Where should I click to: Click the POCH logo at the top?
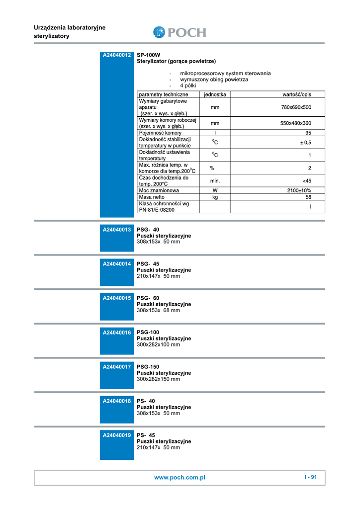click(180, 32)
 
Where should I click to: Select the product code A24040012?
click(117, 55)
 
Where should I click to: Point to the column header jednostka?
click(215, 94)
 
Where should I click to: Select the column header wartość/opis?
click(296, 94)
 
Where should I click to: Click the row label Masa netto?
click(152, 197)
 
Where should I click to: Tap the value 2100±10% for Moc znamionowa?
click(299, 190)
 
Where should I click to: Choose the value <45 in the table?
click(307, 181)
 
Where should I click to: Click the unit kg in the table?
click(215, 197)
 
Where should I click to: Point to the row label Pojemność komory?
click(160, 133)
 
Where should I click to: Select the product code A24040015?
click(117, 298)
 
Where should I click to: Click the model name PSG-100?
click(148, 333)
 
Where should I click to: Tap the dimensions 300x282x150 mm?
click(158, 379)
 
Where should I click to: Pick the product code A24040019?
click(117, 435)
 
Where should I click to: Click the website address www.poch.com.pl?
click(180, 478)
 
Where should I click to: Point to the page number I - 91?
click(310, 477)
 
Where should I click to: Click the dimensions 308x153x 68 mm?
click(158, 310)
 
